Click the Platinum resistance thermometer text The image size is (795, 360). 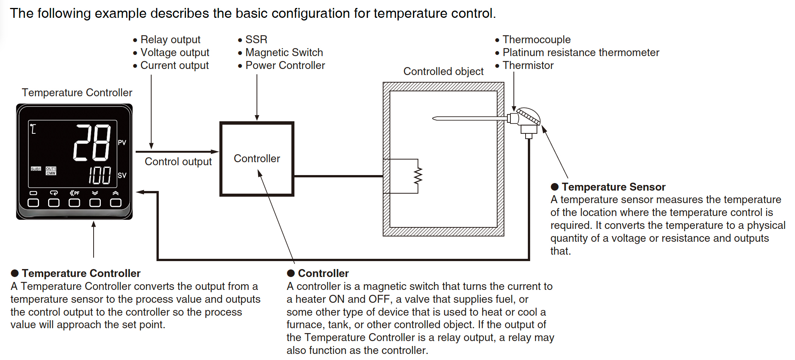click(x=581, y=52)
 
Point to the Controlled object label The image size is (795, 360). click(x=443, y=71)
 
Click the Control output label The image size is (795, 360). click(x=178, y=161)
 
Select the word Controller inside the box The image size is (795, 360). click(x=257, y=158)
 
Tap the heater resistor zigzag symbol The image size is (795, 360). click(x=418, y=176)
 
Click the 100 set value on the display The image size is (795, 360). click(x=100, y=175)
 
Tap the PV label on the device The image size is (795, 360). click(x=122, y=142)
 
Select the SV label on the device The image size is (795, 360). click(x=122, y=175)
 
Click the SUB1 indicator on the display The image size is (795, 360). click(x=36, y=169)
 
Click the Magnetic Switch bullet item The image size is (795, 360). click(x=284, y=52)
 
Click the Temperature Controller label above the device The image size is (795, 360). click(x=77, y=92)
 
